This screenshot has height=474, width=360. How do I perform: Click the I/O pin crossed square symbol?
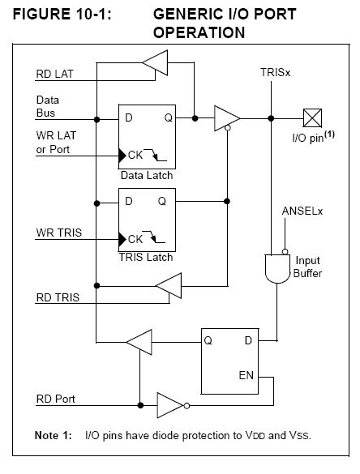point(312,118)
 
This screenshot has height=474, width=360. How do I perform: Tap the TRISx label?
point(275,73)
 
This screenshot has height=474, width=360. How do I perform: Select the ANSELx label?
point(302,211)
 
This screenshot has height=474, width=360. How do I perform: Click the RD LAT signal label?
point(55,74)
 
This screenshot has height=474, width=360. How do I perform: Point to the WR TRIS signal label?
point(59,233)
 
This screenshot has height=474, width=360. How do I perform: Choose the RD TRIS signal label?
point(58,297)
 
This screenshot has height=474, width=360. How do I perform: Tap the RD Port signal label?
point(56,399)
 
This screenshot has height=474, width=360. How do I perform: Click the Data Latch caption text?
point(147,175)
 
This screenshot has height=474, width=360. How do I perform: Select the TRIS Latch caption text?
point(146,257)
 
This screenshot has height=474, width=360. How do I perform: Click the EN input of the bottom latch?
point(246,375)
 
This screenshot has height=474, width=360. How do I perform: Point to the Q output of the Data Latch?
point(168,117)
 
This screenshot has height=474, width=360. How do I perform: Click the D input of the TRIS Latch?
point(129,201)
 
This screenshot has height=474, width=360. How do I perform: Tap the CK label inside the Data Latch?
point(135,155)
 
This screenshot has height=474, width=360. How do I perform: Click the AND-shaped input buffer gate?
point(277,269)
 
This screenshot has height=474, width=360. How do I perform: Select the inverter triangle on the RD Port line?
point(170,405)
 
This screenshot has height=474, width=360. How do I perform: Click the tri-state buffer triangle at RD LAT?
point(155,62)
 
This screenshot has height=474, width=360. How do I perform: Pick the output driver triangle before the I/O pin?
point(227,118)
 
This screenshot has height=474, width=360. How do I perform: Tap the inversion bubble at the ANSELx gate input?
point(285,251)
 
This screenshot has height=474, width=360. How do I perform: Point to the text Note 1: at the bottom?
point(54,435)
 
